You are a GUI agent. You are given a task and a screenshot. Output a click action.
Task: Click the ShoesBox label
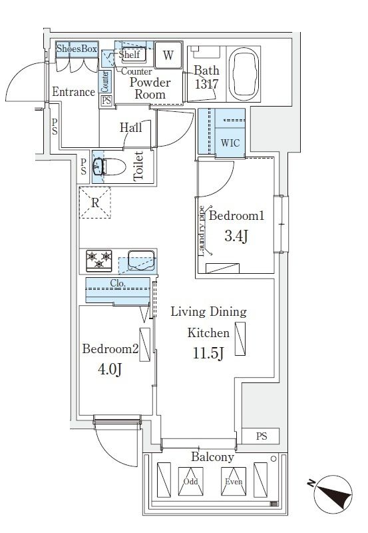[x=77, y=49]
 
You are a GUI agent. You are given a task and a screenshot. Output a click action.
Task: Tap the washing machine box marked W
[x=168, y=55]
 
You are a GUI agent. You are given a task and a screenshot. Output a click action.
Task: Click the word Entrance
[x=73, y=92]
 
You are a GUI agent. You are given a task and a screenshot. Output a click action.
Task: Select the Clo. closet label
[x=118, y=282]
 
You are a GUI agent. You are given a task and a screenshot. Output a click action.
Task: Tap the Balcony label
[x=213, y=458]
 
